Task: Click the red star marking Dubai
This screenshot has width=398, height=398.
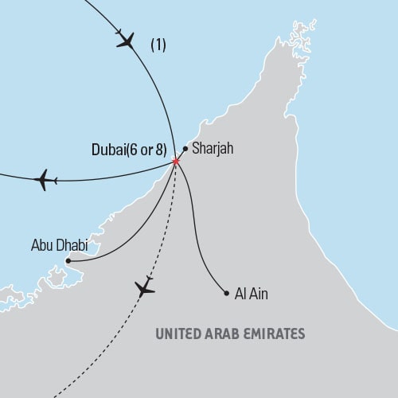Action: tap(175, 162)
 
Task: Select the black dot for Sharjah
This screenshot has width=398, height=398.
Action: tap(185, 149)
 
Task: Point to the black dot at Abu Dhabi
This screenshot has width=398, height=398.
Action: tap(68, 259)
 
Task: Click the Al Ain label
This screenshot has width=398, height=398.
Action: tap(252, 294)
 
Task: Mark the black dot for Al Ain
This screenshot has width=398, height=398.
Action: tap(227, 292)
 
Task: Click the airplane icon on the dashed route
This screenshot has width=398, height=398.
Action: tap(145, 287)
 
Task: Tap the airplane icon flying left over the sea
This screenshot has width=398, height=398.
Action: tap(44, 180)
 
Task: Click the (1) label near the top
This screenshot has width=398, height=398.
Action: tap(158, 46)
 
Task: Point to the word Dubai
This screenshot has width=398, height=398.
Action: tap(108, 148)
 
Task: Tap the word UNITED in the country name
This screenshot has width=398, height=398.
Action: tap(182, 334)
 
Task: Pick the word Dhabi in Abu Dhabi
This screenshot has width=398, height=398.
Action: tap(70, 245)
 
